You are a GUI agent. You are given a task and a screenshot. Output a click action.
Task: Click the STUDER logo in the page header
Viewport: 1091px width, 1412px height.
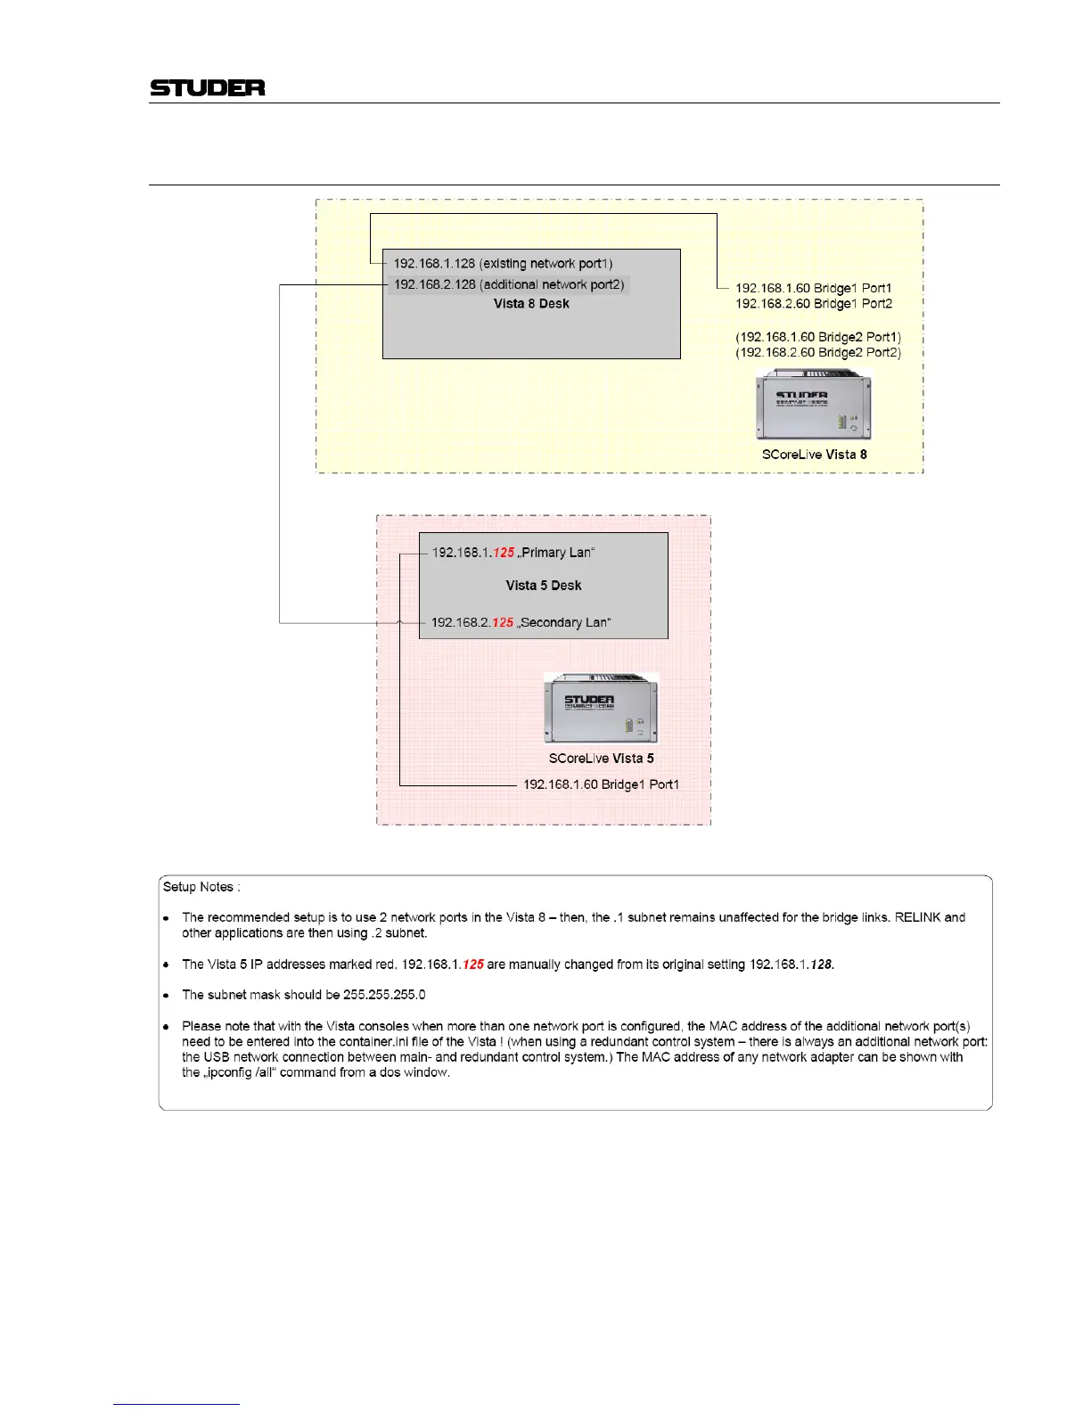point(207,87)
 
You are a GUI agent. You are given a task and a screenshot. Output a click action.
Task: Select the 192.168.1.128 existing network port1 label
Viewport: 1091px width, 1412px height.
point(503,264)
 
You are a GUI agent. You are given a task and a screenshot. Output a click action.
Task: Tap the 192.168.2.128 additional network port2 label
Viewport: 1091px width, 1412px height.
point(508,284)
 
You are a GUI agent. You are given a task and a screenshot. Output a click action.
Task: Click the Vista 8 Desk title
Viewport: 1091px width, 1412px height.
point(531,304)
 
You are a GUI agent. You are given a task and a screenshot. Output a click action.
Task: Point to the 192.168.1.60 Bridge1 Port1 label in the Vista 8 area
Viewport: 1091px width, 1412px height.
point(813,288)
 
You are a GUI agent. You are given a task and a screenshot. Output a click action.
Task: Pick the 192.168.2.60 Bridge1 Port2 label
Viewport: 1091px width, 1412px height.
point(813,304)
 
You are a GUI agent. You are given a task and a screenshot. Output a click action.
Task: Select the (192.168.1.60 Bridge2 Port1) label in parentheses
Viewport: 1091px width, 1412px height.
point(817,337)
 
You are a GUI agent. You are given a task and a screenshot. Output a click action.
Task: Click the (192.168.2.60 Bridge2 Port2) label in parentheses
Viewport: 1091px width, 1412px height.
point(817,353)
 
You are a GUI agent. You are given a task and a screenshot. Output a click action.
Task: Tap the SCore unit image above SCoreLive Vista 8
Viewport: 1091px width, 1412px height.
point(814,406)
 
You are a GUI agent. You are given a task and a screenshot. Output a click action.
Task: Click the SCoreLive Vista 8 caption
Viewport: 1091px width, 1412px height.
point(814,455)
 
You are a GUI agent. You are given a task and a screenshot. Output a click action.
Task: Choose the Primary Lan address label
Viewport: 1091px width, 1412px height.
point(513,553)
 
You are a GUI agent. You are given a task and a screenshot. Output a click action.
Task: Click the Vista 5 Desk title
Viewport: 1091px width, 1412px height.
point(543,586)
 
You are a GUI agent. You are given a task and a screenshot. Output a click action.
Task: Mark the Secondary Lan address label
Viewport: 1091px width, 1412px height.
point(521,622)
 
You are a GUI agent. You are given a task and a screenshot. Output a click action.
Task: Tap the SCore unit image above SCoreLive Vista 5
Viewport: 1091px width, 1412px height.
point(602,710)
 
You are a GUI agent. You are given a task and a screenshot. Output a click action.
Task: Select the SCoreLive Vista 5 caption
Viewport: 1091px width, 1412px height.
point(601,759)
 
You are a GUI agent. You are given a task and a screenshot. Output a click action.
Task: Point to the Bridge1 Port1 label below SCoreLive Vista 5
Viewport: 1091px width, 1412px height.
point(601,784)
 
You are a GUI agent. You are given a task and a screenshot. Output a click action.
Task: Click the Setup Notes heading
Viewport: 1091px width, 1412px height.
point(201,887)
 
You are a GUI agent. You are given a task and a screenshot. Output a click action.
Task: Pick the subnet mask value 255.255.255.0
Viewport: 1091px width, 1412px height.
point(384,995)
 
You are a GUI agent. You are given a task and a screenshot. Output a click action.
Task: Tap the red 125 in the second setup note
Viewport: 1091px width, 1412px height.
point(473,965)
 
